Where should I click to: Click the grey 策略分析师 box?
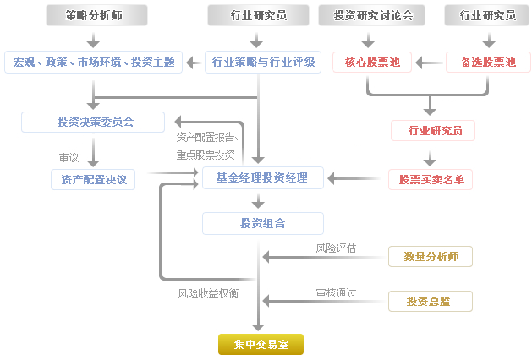pyautogui.click(x=94, y=15)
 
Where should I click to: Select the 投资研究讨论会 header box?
pyautogui.click(x=373, y=15)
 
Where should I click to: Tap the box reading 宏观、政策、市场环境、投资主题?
pyautogui.click(x=94, y=62)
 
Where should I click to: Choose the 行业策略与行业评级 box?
pyautogui.click(x=263, y=62)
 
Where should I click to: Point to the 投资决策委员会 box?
pyautogui.click(x=94, y=122)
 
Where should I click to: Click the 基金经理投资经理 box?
pyautogui.click(x=263, y=177)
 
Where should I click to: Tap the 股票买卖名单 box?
pyautogui.click(x=431, y=179)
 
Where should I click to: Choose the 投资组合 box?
pyautogui.click(x=263, y=223)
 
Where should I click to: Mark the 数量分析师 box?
pyautogui.click(x=431, y=256)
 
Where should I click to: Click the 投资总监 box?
pyautogui.click(x=431, y=301)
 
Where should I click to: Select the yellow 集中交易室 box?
pyautogui.click(x=260, y=343)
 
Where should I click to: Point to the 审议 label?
pyautogui.click(x=69, y=157)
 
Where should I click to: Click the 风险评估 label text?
pyautogui.click(x=336, y=248)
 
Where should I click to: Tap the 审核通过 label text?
pyautogui.click(x=336, y=292)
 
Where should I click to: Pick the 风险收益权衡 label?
pyautogui.click(x=208, y=293)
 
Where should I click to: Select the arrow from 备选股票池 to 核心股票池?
pyautogui.click(x=430, y=62)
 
